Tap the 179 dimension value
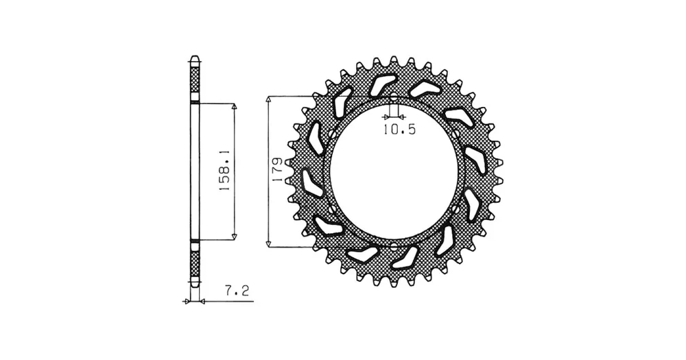coord(276,170)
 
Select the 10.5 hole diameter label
coord(399,130)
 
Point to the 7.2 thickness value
coord(237,291)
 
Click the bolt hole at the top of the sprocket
coord(393,97)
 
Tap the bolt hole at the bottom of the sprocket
coord(393,247)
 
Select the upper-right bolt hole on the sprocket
coord(456,133)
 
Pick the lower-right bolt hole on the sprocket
coord(456,210)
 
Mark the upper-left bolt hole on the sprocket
coord(331,134)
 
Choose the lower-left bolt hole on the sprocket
coord(331,210)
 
